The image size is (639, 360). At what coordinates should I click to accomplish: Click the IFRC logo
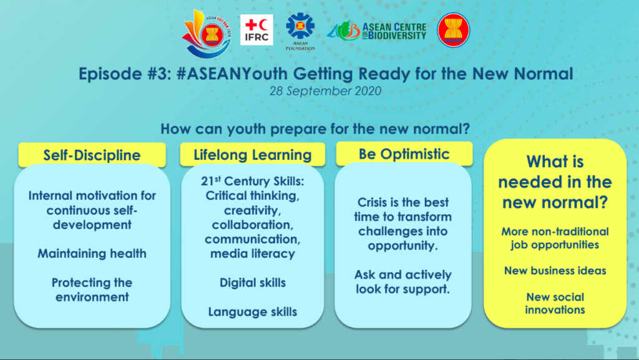pyautogui.click(x=256, y=30)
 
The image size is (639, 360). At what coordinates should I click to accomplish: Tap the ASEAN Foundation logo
pyautogui.click(x=300, y=32)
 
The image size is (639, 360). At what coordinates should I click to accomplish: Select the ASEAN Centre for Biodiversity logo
pyautogui.click(x=376, y=31)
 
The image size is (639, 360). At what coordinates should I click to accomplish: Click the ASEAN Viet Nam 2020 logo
pyautogui.click(x=207, y=34)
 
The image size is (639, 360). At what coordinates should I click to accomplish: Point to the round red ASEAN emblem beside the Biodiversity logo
pyautogui.click(x=453, y=30)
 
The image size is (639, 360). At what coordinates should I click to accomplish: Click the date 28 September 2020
pyautogui.click(x=325, y=91)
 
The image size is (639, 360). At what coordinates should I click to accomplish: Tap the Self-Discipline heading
pyautogui.click(x=92, y=155)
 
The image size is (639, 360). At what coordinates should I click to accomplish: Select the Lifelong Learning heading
pyautogui.click(x=253, y=155)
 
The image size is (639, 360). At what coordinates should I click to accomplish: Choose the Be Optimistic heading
pyautogui.click(x=404, y=154)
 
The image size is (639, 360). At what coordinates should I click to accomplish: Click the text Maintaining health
pyautogui.click(x=92, y=253)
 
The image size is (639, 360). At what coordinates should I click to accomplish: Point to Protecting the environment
pyautogui.click(x=92, y=289)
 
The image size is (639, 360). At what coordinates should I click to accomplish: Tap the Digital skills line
pyautogui.click(x=253, y=283)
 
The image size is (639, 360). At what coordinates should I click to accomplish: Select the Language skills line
pyautogui.click(x=253, y=312)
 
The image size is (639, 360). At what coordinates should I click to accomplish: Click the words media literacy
pyautogui.click(x=253, y=254)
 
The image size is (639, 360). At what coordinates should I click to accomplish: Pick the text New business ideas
pyautogui.click(x=555, y=271)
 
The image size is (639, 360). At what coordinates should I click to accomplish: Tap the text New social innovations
pyautogui.click(x=555, y=303)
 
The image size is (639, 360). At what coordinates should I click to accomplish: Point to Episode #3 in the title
pyautogui.click(x=125, y=74)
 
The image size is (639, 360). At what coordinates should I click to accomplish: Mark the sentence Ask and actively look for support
pyautogui.click(x=403, y=282)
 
